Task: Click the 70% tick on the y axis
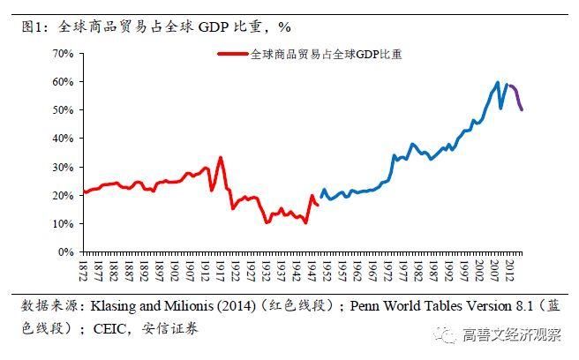(x=64, y=54)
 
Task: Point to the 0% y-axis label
(x=66, y=251)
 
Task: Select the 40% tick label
(x=64, y=139)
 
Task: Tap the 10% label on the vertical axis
(x=64, y=223)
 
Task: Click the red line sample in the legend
(x=233, y=54)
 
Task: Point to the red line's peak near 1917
(x=220, y=158)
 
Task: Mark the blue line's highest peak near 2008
(x=498, y=83)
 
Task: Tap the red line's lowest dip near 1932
(x=267, y=222)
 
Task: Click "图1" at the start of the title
(x=34, y=27)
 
